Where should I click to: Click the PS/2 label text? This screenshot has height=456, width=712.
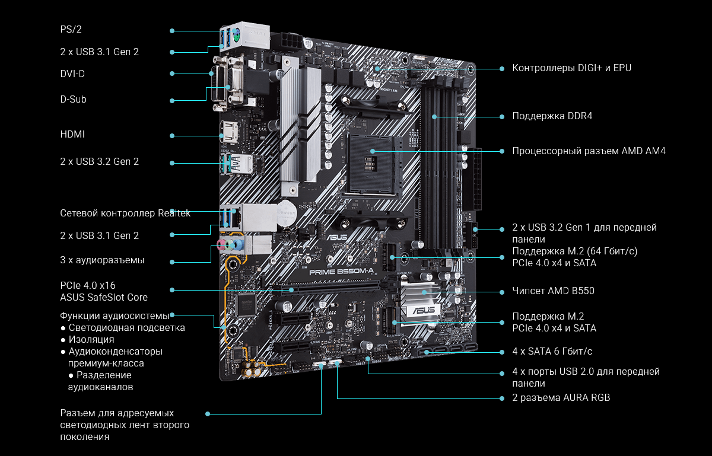click(71, 29)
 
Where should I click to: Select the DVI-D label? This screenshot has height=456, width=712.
click(72, 74)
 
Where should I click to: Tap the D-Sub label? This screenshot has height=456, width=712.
click(73, 99)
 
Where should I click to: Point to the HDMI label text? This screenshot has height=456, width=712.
click(72, 134)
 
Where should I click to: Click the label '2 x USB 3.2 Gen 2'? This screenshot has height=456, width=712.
click(100, 161)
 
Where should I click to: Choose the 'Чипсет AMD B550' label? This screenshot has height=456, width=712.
click(553, 291)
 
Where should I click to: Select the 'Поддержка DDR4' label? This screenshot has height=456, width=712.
click(552, 116)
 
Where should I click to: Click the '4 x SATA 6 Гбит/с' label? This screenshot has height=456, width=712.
click(552, 351)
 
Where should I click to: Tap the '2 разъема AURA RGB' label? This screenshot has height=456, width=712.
click(561, 397)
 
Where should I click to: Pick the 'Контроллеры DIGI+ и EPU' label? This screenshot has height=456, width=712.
click(571, 68)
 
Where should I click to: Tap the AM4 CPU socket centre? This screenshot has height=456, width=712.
click(372, 164)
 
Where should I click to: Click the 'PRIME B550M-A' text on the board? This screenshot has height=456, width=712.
click(341, 272)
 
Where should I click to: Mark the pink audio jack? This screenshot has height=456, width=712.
click(221, 245)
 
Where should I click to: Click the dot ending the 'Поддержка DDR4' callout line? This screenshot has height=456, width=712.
click(502, 117)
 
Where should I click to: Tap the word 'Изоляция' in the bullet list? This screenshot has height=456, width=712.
click(91, 339)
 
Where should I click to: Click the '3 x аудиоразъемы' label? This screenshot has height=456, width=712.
click(102, 260)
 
